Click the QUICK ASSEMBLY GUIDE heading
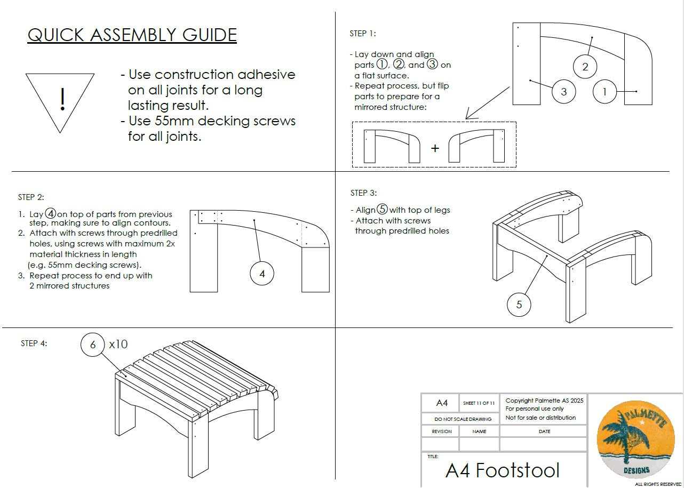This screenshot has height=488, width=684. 132,35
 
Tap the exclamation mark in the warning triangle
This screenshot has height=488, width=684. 63,100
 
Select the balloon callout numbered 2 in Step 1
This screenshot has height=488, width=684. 585,67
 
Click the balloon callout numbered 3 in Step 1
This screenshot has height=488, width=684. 564,91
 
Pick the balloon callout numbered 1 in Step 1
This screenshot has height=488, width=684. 605,92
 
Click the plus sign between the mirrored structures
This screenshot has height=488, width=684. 435,148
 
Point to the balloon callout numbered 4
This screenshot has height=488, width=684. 262,274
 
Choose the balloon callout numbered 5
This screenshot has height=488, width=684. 519,305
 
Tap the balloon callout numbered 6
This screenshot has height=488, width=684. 93,345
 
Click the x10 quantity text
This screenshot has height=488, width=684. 118,344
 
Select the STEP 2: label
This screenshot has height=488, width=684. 31,197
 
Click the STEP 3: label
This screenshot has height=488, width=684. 363,193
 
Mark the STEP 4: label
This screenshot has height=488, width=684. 34,343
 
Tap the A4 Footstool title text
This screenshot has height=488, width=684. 503,470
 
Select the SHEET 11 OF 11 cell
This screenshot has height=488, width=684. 479,403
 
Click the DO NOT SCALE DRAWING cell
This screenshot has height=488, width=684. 459,419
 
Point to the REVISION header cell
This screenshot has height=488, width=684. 441,431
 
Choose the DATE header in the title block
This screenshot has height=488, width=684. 544,431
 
